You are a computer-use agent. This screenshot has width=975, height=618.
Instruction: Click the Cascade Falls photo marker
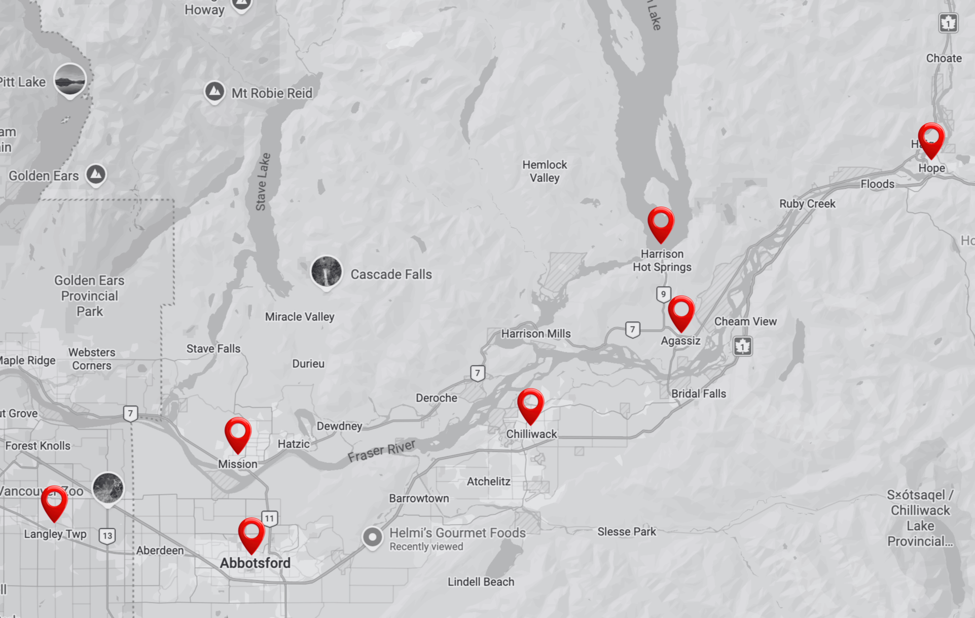(326, 271)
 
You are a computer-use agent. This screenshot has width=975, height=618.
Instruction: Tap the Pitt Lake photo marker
(70, 80)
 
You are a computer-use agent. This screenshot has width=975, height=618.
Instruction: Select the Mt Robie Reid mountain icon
(214, 92)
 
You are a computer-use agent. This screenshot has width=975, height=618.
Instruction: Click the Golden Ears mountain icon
(96, 174)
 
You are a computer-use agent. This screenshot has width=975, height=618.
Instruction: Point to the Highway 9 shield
(663, 294)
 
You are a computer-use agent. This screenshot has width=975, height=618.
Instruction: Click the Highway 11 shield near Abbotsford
(269, 518)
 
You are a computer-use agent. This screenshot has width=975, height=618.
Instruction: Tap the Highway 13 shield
(107, 535)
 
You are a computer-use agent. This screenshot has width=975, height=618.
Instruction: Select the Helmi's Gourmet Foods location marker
(372, 537)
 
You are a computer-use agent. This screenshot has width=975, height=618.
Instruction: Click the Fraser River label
(381, 451)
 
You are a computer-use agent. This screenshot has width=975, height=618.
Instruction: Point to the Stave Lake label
(263, 181)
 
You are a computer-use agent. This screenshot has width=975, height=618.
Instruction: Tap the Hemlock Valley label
(545, 171)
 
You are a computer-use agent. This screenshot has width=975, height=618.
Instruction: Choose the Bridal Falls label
(698, 393)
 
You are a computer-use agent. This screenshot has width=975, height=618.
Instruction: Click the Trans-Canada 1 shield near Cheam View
(743, 346)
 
